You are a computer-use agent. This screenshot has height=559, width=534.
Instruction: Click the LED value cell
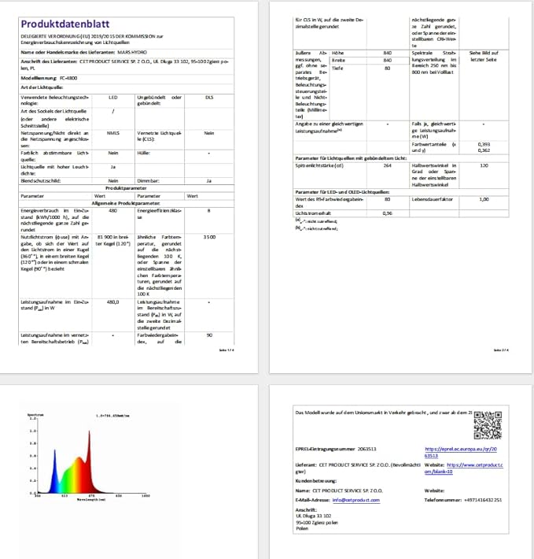114,98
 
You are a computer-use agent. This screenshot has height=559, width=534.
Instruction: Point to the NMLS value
114,133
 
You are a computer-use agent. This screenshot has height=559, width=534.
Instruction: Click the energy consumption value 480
113,211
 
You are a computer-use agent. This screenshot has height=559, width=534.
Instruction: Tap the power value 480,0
113,302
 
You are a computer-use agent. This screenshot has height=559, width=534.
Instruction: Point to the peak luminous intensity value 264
386,165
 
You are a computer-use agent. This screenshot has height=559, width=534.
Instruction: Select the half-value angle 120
484,165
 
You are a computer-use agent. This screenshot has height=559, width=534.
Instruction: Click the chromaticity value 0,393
484,144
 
